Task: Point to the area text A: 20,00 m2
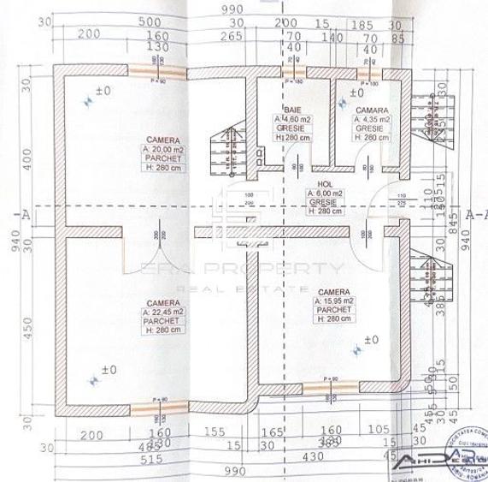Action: click(162, 147)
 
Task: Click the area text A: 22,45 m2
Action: click(162, 313)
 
